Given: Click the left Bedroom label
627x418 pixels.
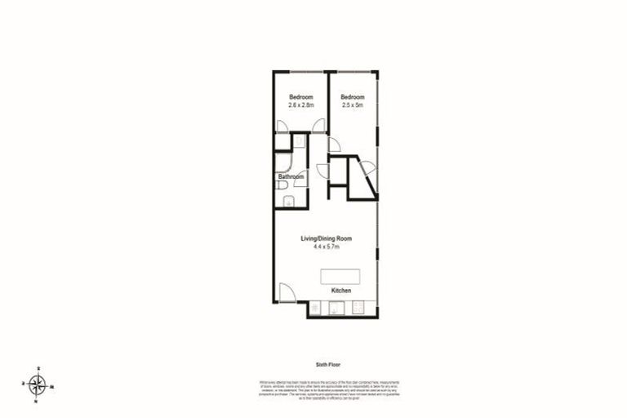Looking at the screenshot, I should point(300,97).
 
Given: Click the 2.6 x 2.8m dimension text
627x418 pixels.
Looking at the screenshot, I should point(300,105).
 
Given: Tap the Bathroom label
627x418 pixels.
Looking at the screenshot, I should point(291,176).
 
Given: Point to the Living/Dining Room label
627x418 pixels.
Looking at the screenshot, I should point(325,238).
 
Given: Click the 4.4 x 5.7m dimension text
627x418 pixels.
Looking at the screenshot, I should point(325,247).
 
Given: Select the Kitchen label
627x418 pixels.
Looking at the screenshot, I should point(341,291).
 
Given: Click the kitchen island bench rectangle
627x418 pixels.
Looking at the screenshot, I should point(340,274).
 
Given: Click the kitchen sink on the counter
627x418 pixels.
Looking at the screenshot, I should point(335,309).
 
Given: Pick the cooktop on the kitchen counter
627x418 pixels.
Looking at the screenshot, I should point(358,309).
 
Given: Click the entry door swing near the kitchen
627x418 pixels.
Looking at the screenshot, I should point(287,292).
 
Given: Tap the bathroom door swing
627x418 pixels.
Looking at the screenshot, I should point(300,177).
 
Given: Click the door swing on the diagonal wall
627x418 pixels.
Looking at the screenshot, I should point(368,168).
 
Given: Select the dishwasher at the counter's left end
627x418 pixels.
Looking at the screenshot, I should point(314,309).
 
